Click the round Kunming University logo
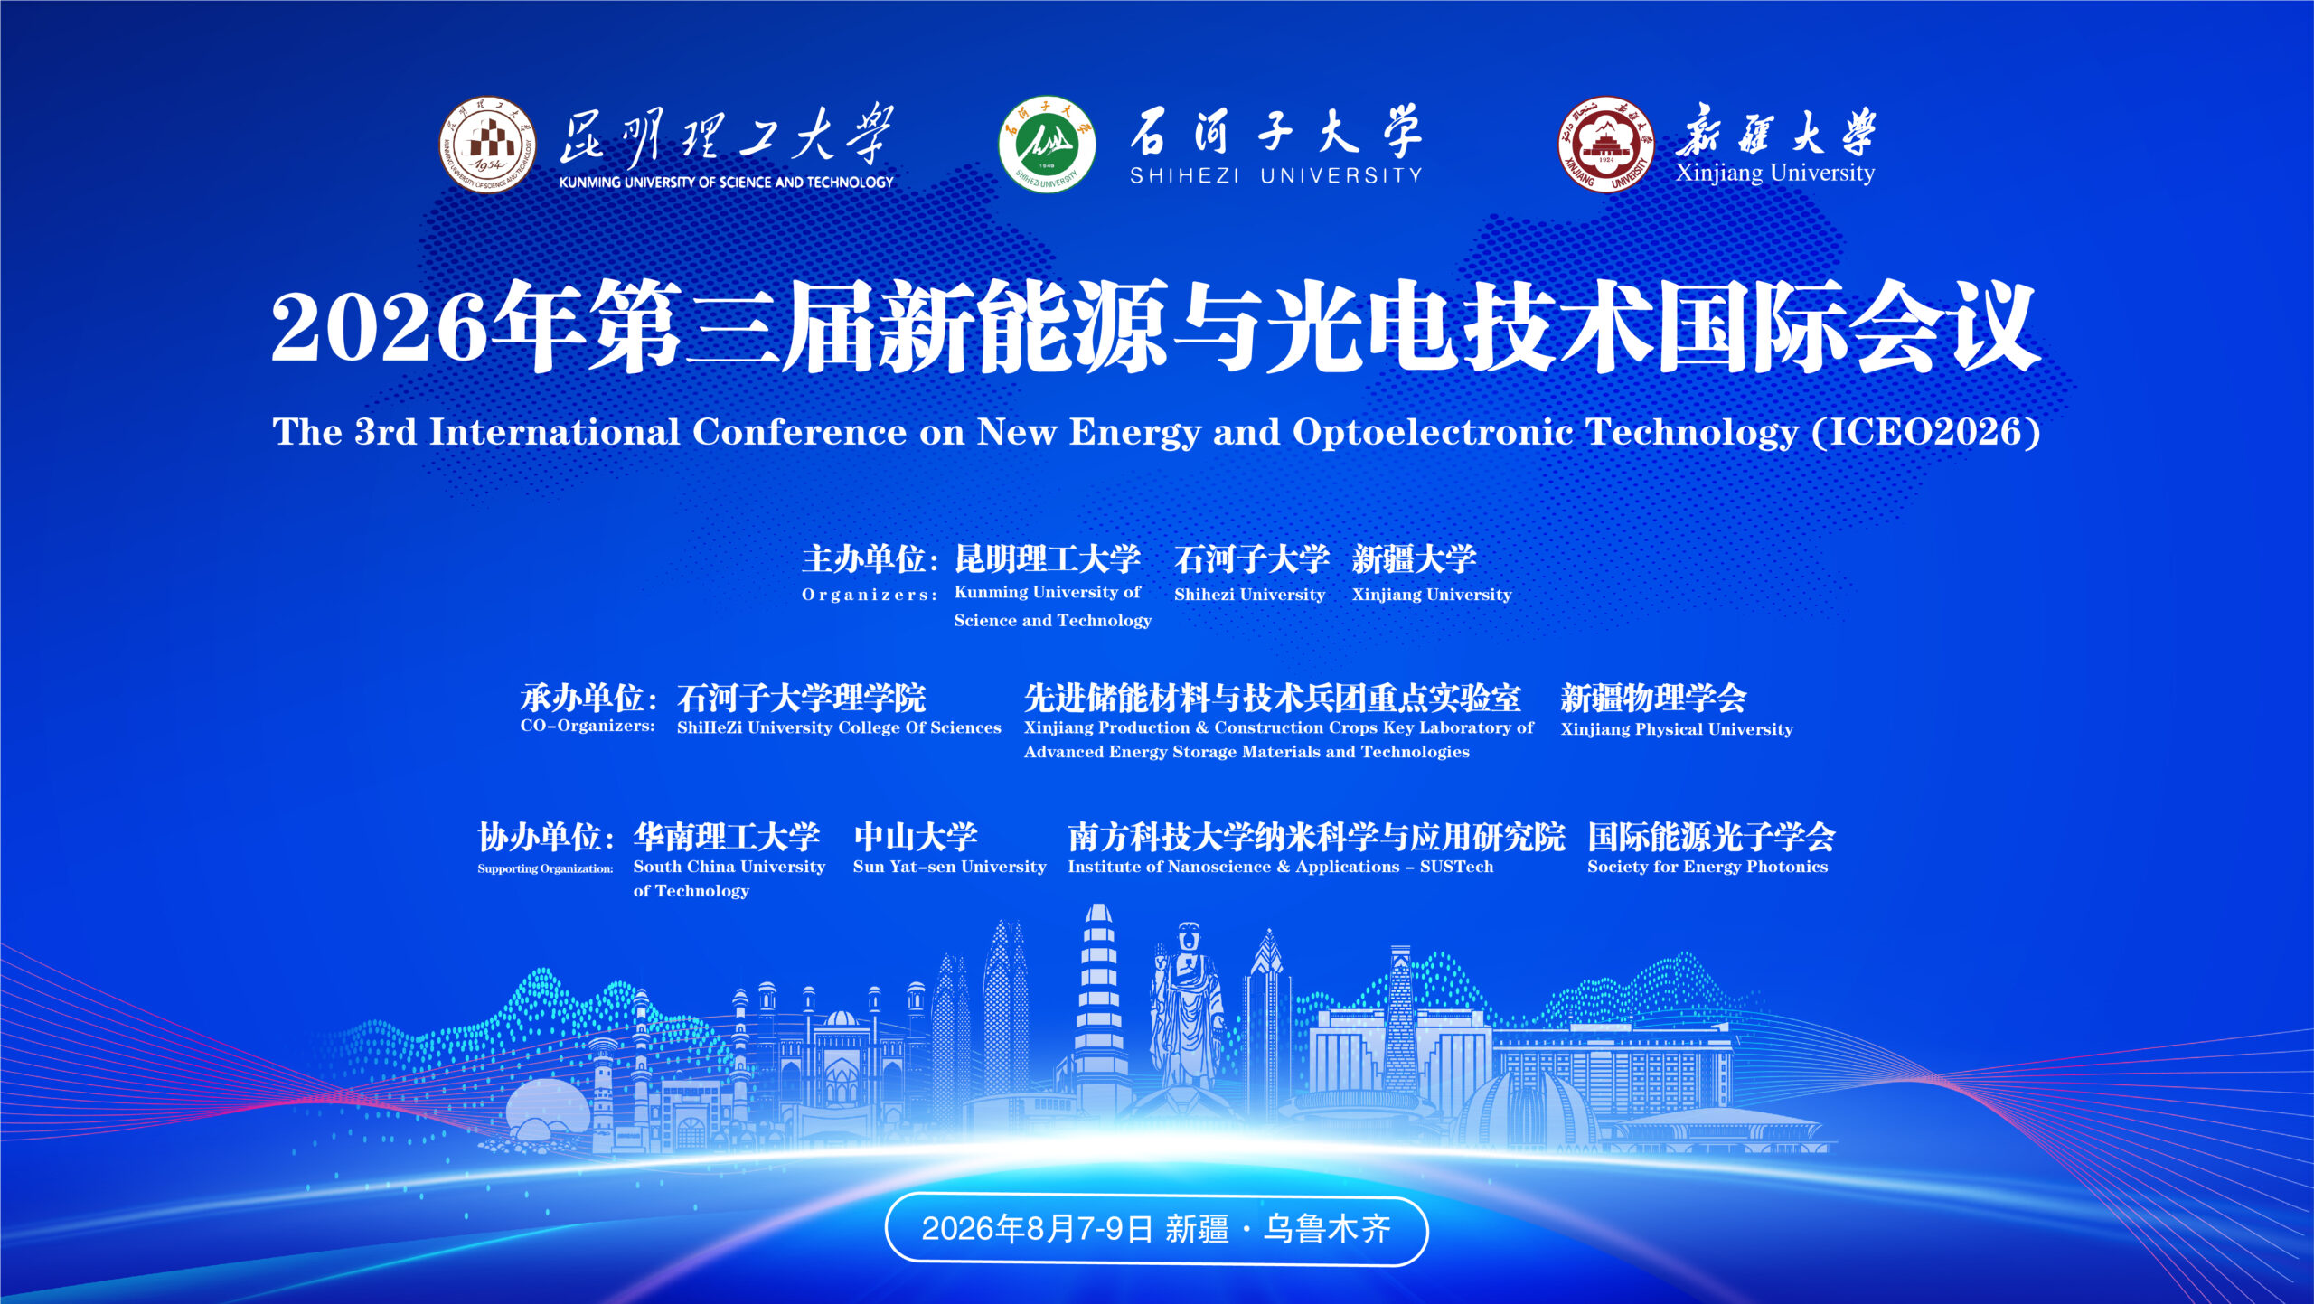coord(487,145)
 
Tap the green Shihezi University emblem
coord(1047,145)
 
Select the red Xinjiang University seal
coord(1606,145)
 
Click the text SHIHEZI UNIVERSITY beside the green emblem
coord(1276,175)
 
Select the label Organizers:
coord(870,595)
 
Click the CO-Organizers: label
coord(588,726)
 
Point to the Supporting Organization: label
coord(545,868)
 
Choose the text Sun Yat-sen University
coord(949,867)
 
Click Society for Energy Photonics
coord(1707,867)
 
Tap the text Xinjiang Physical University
coord(1677,729)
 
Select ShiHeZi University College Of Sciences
coord(839,727)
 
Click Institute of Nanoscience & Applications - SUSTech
coord(1281,867)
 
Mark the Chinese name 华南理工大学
coord(727,837)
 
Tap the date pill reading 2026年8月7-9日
coord(1156,1230)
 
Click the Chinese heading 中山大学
coord(916,837)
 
